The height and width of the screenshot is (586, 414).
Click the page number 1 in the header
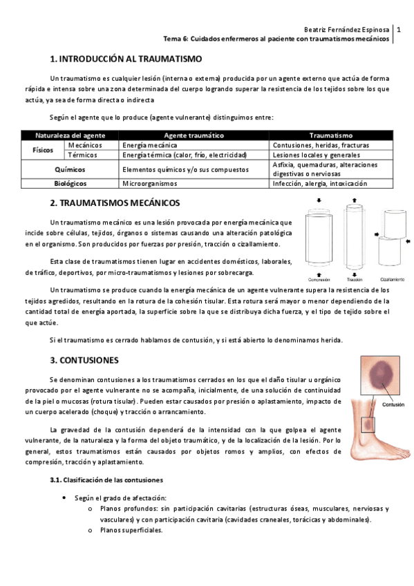pyautogui.click(x=398, y=30)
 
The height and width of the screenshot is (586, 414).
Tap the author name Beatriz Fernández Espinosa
pyautogui.click(x=346, y=30)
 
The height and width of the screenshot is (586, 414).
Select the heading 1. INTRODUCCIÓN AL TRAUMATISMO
pyautogui.click(x=126, y=59)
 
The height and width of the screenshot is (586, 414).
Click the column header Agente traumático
pyautogui.click(x=194, y=135)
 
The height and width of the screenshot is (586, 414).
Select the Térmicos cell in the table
pyautogui.click(x=82, y=155)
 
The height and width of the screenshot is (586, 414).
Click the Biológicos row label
pyautogui.click(x=70, y=184)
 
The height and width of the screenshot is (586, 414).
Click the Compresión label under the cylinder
pyautogui.click(x=319, y=279)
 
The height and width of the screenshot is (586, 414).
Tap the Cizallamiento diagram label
pyautogui.click(x=391, y=279)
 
